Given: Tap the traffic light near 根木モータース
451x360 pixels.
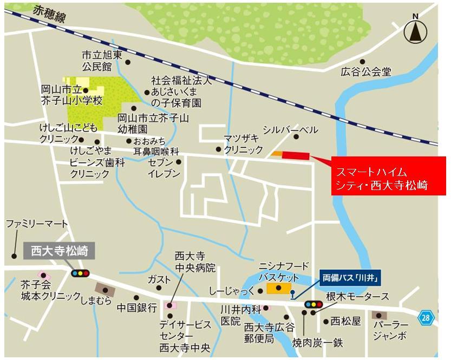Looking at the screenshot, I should coord(312,305).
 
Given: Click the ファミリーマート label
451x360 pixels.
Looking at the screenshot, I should coord(37,224).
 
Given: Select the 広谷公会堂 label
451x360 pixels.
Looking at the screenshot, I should coord(366,71).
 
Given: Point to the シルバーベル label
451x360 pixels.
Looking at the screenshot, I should coord(290,130).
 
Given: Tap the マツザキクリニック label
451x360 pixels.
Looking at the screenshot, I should coord(244,143).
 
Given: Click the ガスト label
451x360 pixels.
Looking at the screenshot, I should coord(159,279).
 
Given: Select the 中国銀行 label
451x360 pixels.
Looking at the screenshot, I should coord(137,307).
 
